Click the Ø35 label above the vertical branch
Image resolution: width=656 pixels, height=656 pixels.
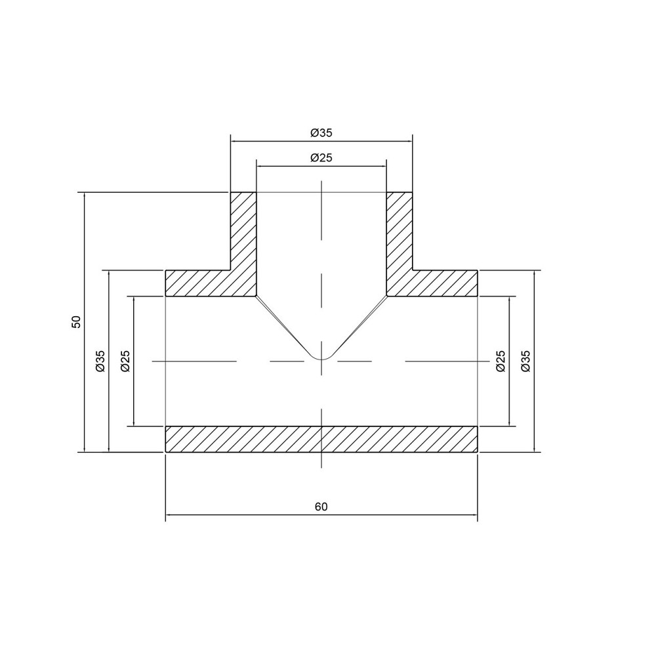point(321,133)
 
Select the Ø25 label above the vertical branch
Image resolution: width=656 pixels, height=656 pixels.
point(321,158)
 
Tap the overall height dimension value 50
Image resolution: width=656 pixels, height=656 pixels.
point(77,321)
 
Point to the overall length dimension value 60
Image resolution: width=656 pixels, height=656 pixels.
point(321,507)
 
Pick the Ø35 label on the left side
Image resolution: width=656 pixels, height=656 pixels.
point(100,361)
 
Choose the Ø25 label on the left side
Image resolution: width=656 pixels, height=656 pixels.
point(125,361)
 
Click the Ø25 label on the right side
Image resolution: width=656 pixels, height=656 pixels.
point(501,361)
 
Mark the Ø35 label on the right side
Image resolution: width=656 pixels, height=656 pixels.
point(525,361)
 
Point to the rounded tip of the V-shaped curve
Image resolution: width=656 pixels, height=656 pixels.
point(321,359)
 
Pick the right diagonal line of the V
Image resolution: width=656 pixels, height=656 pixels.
point(359,325)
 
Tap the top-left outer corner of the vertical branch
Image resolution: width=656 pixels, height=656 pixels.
point(231,192)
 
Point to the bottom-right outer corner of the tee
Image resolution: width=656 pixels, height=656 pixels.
point(477,452)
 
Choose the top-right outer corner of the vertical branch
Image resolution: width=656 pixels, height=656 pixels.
point(412,192)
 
